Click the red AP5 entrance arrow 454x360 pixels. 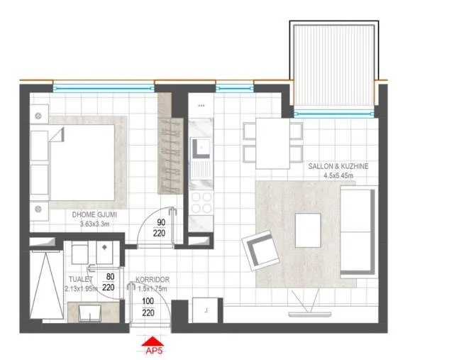click(x=153, y=342)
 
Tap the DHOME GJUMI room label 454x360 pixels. click(x=94, y=214)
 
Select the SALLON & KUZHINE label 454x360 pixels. click(x=338, y=166)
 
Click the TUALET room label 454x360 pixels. click(x=80, y=279)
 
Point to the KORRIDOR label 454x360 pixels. click(x=153, y=280)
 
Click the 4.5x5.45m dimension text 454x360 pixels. click(x=338, y=175)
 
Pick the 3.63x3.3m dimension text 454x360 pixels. click(x=94, y=224)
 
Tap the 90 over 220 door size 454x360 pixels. click(x=160, y=228)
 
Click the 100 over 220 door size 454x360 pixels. click(x=148, y=307)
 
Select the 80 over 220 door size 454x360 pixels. click(x=109, y=282)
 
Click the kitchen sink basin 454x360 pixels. click(x=201, y=148)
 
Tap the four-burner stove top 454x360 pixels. click(x=201, y=202)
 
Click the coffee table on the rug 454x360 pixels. click(x=308, y=230)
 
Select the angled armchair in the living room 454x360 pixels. click(x=260, y=251)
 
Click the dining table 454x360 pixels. click(x=272, y=143)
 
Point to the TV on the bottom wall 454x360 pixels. click(x=310, y=314)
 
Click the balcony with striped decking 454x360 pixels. click(x=334, y=65)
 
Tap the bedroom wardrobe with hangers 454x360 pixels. click(x=170, y=156)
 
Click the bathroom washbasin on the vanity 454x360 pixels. click(x=90, y=312)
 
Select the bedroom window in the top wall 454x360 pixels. click(x=104, y=88)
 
